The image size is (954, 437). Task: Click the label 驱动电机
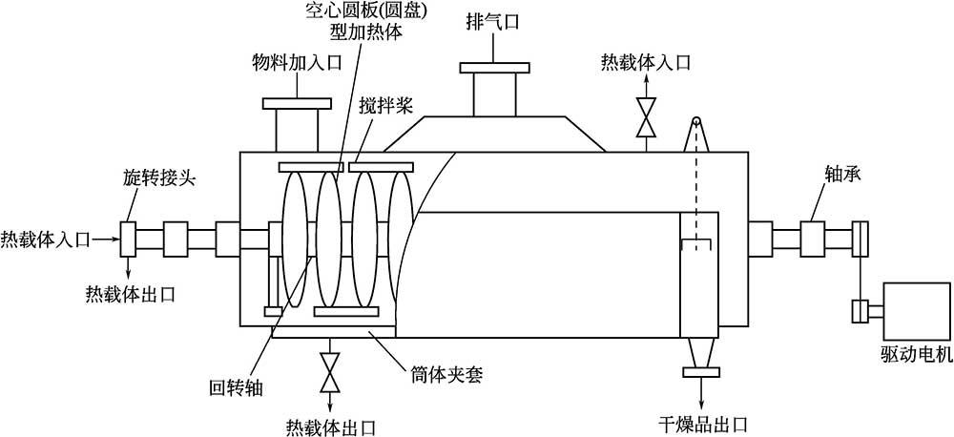click(x=917, y=355)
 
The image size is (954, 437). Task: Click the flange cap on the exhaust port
click(x=494, y=68)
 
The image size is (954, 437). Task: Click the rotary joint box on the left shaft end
click(x=129, y=238)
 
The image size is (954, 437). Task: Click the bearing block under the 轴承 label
click(x=811, y=236)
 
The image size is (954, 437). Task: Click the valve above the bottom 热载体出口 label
click(x=330, y=370)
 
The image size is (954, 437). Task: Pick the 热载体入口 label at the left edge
click(x=46, y=239)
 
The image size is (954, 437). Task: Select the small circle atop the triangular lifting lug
click(x=697, y=121)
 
